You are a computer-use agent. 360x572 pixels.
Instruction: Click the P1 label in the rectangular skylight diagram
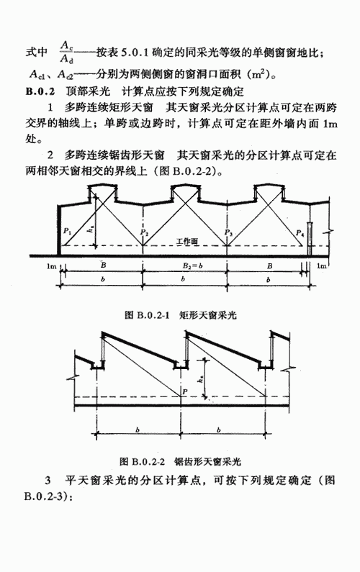point(67,230)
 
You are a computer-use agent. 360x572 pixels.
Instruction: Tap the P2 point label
point(145,232)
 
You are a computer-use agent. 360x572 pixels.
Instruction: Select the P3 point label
point(228,232)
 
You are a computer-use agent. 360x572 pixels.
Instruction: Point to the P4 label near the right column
point(300,232)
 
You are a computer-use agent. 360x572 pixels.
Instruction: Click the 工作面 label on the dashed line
point(187,241)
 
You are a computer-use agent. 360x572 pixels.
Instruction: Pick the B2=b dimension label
point(192,266)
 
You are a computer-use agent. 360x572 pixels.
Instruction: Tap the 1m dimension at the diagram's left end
point(51,266)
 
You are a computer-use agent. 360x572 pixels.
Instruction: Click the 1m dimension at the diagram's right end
point(321,266)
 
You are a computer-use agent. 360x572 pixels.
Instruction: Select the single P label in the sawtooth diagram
point(185,391)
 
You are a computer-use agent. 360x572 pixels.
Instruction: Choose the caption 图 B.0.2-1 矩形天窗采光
point(181,315)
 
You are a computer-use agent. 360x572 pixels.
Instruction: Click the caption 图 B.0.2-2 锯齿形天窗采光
point(181,461)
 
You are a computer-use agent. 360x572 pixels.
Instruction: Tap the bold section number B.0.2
point(40,91)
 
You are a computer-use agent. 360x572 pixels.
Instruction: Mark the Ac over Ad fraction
point(67,52)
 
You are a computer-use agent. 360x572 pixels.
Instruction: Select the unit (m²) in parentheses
point(258,74)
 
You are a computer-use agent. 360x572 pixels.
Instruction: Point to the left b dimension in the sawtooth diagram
point(138,430)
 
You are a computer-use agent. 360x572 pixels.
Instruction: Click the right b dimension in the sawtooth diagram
point(218,430)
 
